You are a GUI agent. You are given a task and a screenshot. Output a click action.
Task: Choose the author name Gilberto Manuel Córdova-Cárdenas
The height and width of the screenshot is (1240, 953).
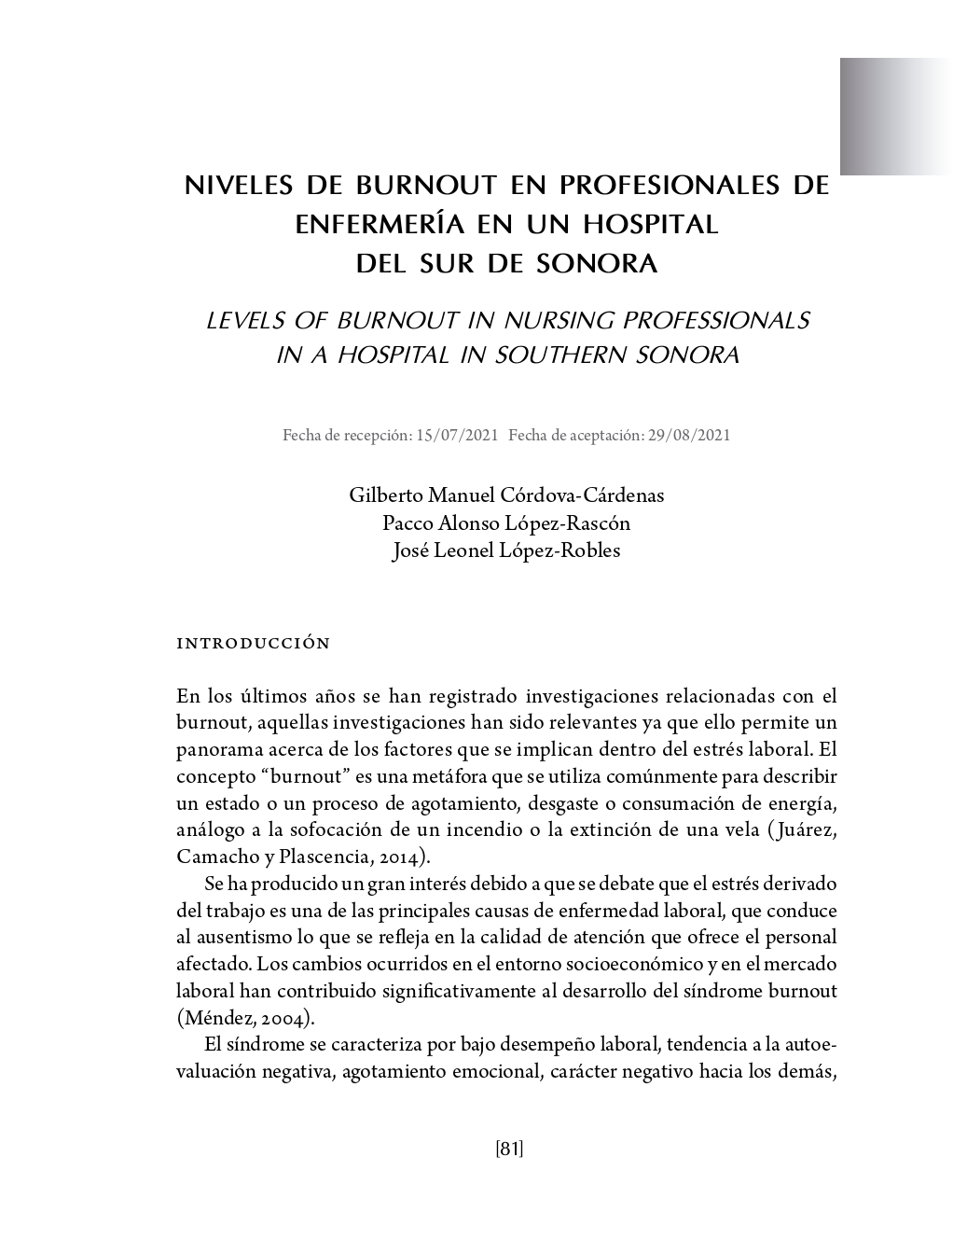[x=506, y=495]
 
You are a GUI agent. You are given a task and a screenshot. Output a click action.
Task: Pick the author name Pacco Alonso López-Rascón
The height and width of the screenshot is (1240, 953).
[x=506, y=522]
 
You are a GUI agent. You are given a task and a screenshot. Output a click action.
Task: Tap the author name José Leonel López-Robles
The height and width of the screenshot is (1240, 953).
[x=506, y=550]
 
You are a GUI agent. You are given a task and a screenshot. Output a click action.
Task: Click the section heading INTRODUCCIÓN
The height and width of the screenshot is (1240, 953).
[x=254, y=644]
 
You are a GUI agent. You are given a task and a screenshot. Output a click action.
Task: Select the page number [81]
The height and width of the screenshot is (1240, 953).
[x=509, y=1149]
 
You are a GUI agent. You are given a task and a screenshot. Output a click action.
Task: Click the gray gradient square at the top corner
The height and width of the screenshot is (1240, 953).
[x=895, y=116]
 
